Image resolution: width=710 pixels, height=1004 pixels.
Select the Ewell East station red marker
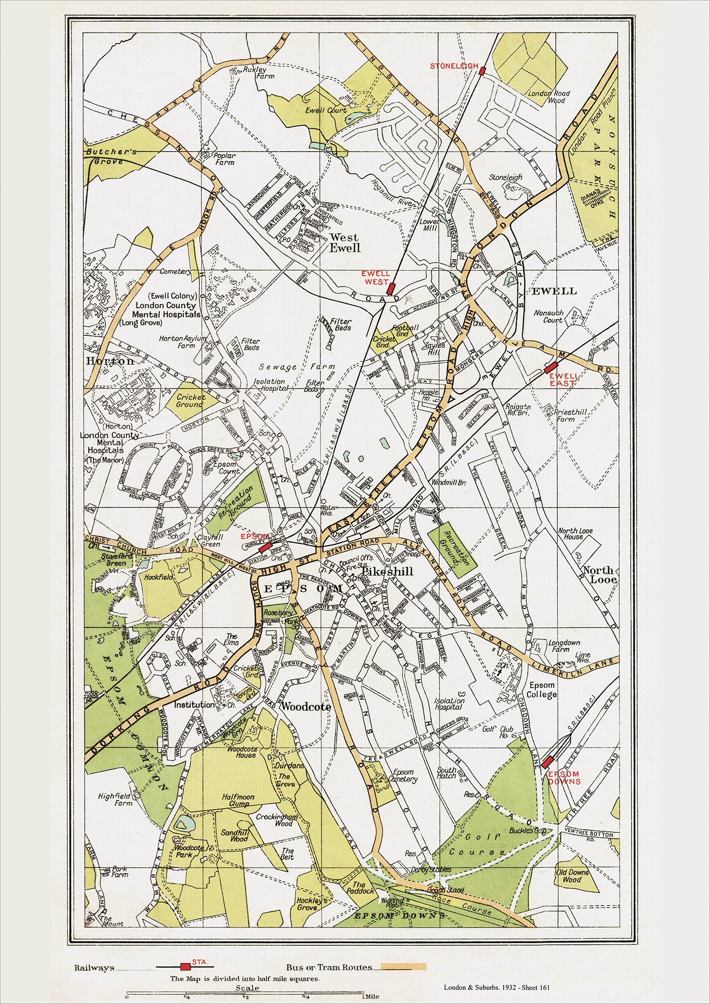[551, 367]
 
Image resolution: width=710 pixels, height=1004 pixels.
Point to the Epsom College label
[542, 690]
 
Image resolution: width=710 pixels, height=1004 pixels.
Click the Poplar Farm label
[224, 159]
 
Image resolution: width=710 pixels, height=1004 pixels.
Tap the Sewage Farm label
[281, 367]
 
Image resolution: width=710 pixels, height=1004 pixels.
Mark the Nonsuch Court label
[548, 316]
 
